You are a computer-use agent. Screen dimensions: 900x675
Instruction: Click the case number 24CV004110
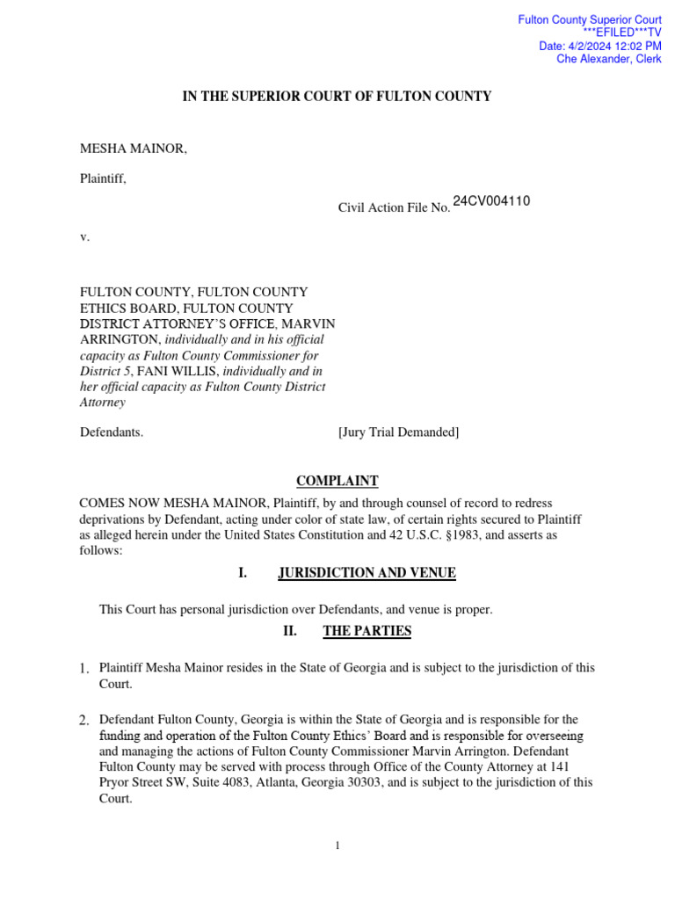point(491,201)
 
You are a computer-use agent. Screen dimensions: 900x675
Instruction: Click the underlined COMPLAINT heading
point(337,481)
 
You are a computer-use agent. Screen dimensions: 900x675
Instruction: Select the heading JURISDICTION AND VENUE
point(367,573)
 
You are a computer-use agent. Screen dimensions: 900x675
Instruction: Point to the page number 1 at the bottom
point(337,846)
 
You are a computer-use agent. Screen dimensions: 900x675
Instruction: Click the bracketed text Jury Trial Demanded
point(398,432)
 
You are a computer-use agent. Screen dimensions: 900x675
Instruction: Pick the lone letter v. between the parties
point(84,236)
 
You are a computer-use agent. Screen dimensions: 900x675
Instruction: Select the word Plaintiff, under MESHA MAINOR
point(104,178)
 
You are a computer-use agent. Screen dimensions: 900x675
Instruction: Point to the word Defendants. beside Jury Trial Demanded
point(112,432)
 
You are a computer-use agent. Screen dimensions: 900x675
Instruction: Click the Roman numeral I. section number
point(243,573)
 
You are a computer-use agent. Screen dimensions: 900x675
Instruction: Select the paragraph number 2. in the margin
point(84,721)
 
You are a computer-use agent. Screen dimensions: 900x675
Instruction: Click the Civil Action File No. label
point(394,207)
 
